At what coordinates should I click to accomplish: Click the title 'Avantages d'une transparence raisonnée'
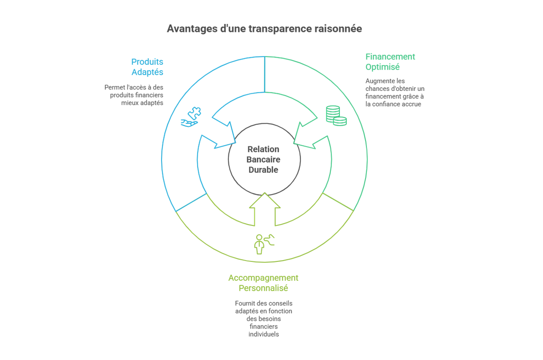pyautogui.click(x=264, y=29)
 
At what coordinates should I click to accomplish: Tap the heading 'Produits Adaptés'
pyautogui.click(x=147, y=67)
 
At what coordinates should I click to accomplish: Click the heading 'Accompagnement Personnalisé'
pyautogui.click(x=263, y=283)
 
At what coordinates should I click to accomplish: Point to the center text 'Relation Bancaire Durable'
pyautogui.click(x=263, y=159)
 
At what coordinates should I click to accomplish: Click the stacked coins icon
pyautogui.click(x=336, y=115)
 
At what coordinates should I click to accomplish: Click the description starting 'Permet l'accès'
pyautogui.click(x=134, y=95)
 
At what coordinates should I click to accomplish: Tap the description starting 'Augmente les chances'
pyautogui.click(x=395, y=93)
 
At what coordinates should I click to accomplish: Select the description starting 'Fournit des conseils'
pyautogui.click(x=263, y=319)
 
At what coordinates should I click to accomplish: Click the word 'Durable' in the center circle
pyautogui.click(x=263, y=170)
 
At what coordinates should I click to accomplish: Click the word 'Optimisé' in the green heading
pyautogui.click(x=383, y=67)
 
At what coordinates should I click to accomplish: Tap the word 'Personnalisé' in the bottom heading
pyautogui.click(x=263, y=288)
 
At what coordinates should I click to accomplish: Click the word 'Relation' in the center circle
pyautogui.click(x=263, y=149)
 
